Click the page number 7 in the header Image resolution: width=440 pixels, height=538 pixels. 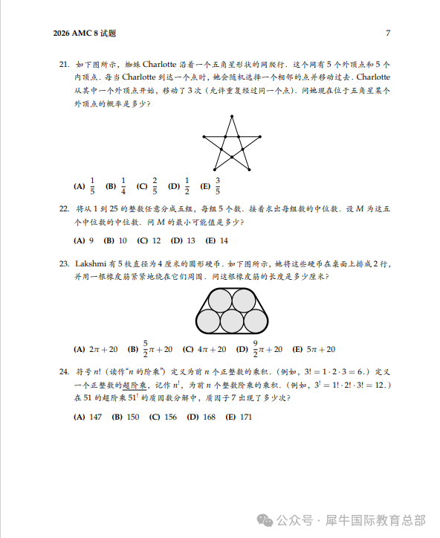click(388, 33)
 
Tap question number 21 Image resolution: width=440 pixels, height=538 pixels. click(63, 64)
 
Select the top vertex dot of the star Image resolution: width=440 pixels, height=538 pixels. click(232, 116)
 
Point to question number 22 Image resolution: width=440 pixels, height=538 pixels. click(63, 210)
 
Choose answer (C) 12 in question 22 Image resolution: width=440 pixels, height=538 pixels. click(149, 240)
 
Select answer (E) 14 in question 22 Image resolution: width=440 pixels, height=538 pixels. click(217, 240)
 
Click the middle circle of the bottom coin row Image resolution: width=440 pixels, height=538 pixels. click(232, 321)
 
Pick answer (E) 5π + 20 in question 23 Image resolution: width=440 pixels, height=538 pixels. click(314, 349)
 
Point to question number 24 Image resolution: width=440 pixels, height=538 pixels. click(63, 371)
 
